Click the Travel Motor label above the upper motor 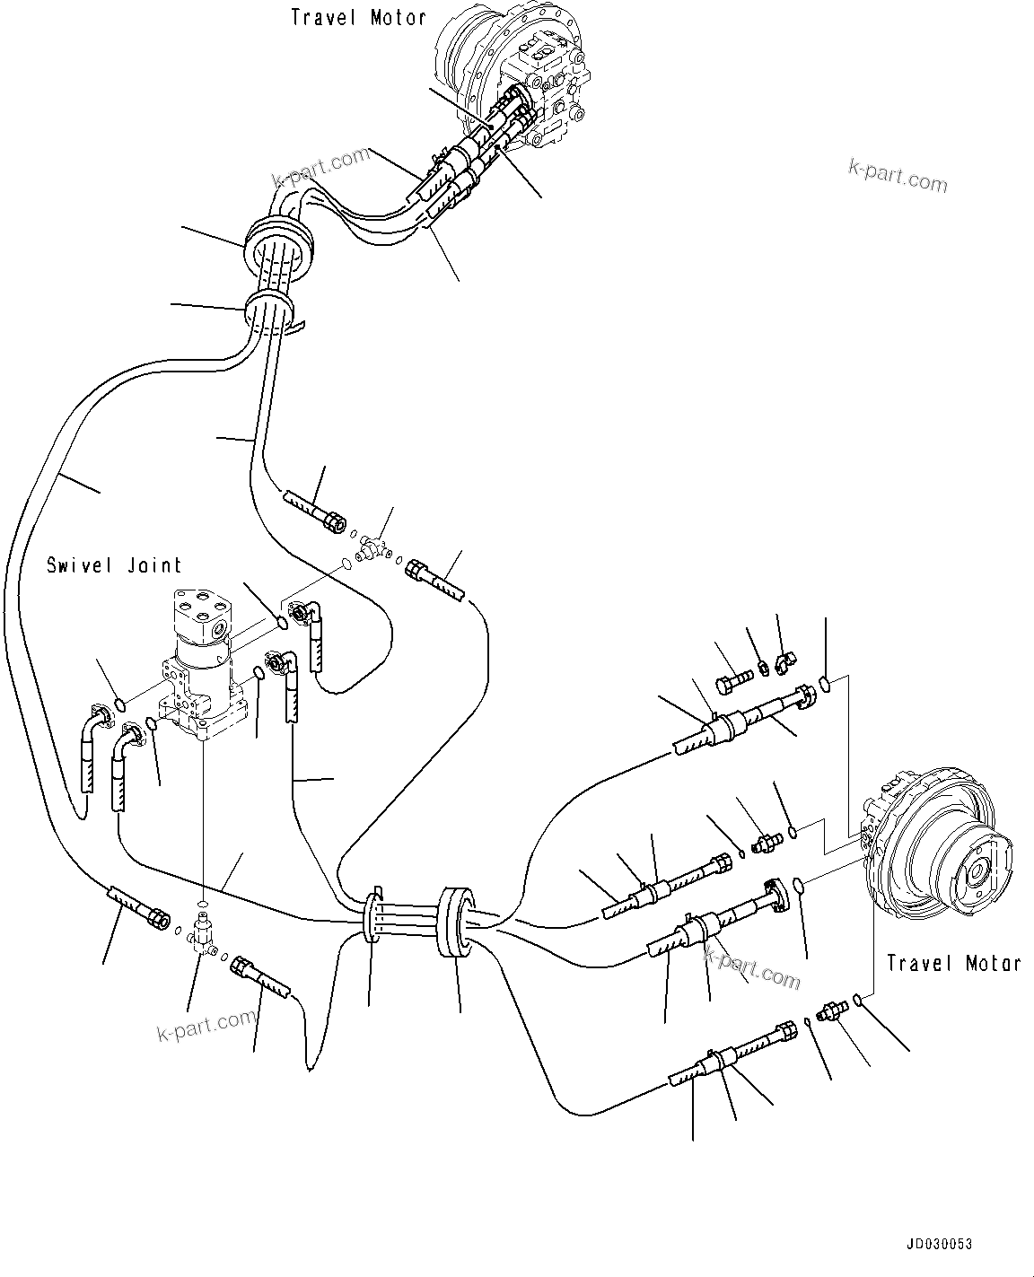(x=358, y=17)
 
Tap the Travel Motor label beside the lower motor (x=953, y=963)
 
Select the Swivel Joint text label (x=114, y=565)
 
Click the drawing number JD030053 (x=938, y=1245)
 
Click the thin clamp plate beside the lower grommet (x=372, y=915)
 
